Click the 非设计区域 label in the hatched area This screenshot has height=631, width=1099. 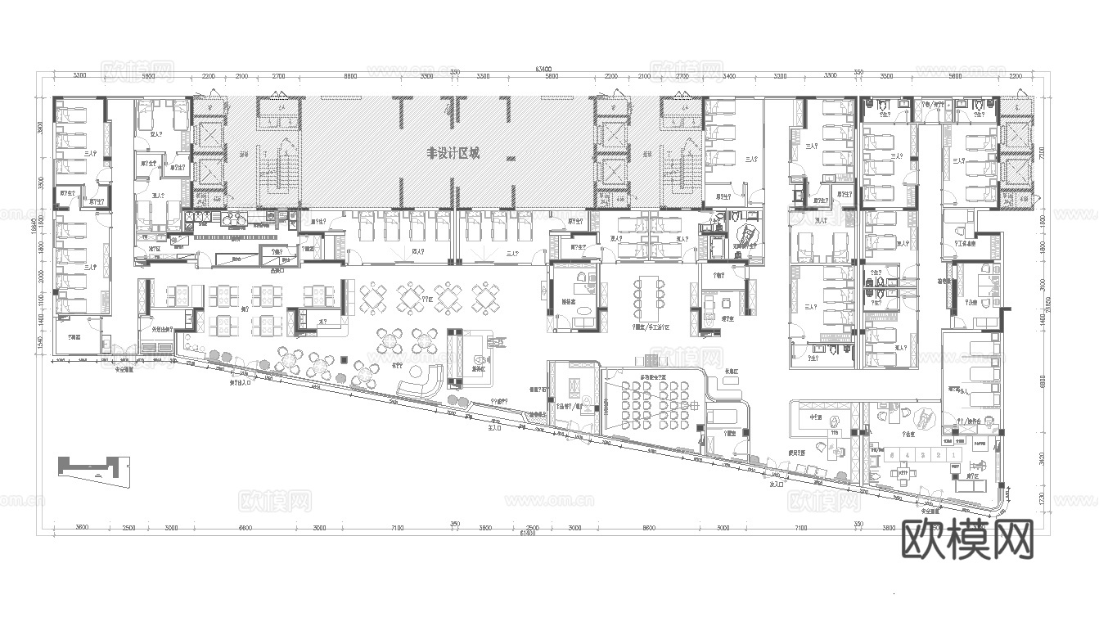pos(453,153)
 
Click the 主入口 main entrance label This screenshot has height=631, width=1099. pos(493,427)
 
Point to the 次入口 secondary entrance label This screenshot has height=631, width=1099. pos(777,485)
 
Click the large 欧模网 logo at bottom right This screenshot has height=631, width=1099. pos(968,540)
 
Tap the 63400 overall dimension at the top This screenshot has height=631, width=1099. pos(543,70)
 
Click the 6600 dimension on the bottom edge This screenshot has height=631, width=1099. pos(245,529)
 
